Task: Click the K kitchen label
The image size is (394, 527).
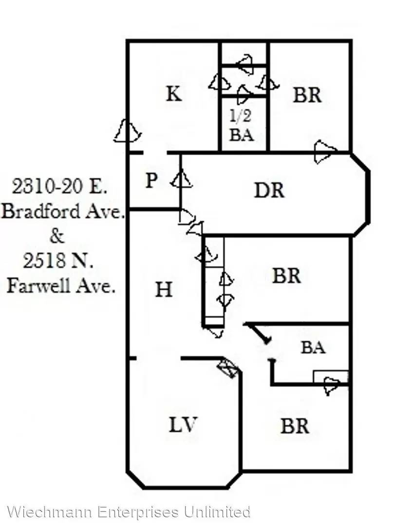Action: pos(174,94)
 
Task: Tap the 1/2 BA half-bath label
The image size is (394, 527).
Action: pos(241,125)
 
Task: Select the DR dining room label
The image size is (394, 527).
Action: pos(269,190)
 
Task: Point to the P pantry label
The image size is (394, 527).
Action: pos(151,180)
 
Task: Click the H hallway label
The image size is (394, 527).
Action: pos(164,289)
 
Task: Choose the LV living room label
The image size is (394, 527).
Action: pos(183,425)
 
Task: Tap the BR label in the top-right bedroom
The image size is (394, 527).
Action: pos(307,95)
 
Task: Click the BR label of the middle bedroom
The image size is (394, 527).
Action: pos(286,276)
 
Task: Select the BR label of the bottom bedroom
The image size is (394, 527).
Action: pos(295,426)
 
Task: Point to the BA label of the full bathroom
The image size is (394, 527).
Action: pos(313,347)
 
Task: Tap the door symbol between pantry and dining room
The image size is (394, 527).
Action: pos(181,180)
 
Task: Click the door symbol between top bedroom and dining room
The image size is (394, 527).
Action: pos(324,152)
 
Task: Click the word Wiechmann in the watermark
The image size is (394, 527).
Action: pos(50,512)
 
